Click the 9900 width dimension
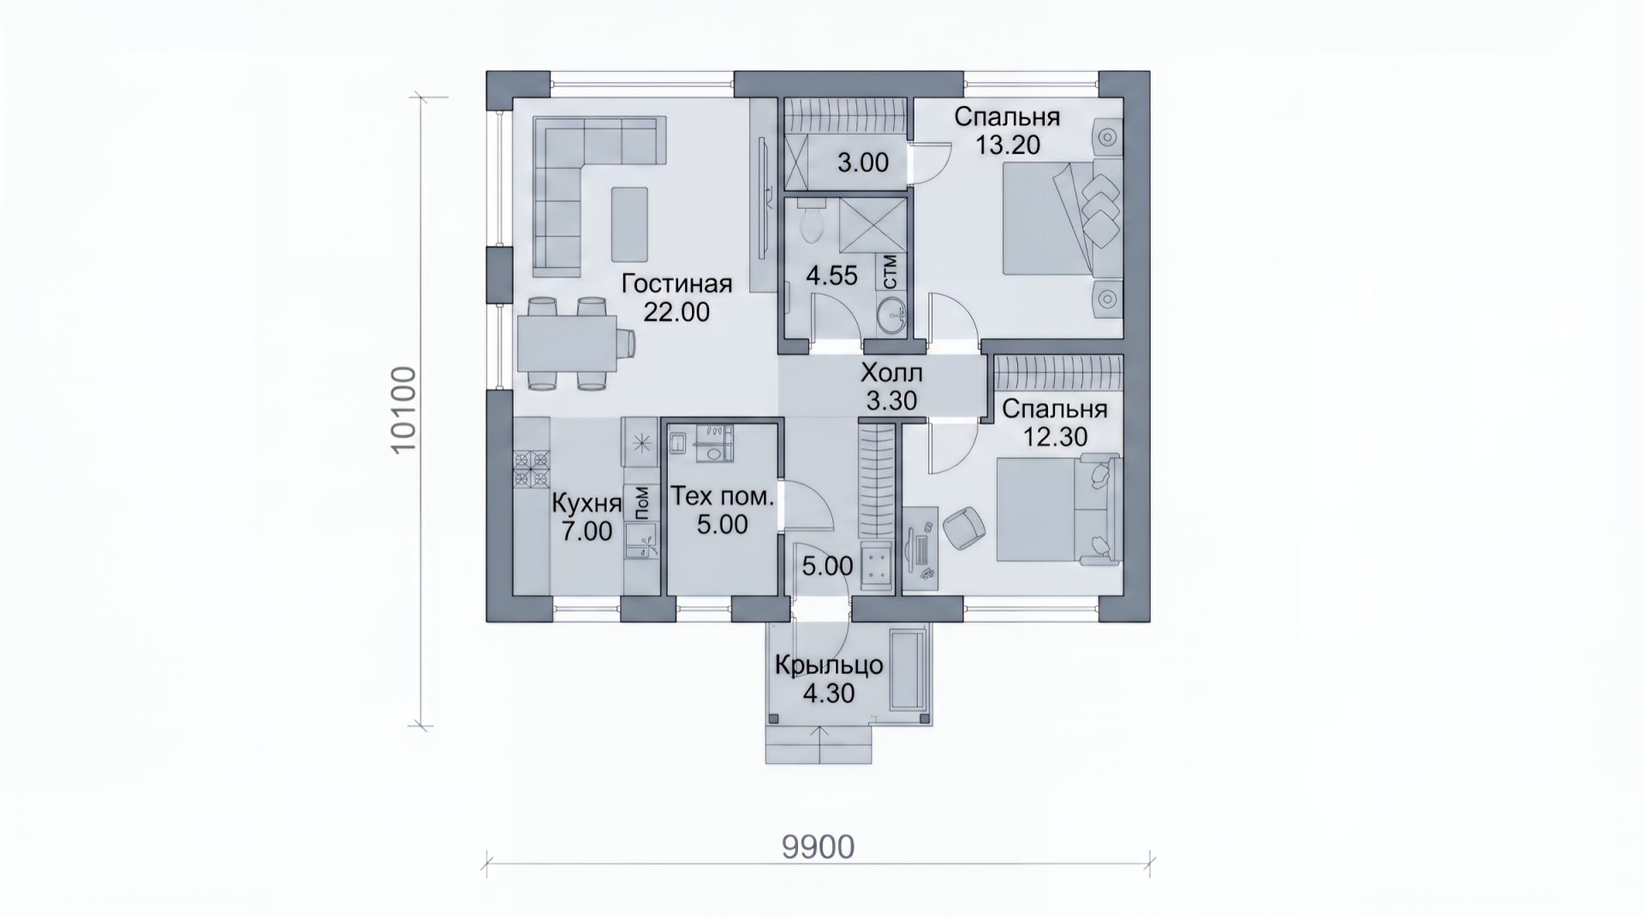pyautogui.click(x=818, y=847)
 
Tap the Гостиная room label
pyautogui.click(x=676, y=283)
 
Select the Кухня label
pyautogui.click(x=587, y=502)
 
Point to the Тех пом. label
pyautogui.click(x=722, y=497)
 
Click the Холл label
pyautogui.click(x=891, y=373)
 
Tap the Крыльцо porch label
pyautogui.click(x=828, y=665)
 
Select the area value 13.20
pyautogui.click(x=1008, y=145)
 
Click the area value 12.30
pyautogui.click(x=1056, y=437)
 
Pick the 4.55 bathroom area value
pyautogui.click(x=831, y=276)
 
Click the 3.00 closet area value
pyautogui.click(x=862, y=163)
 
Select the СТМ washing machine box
pyautogui.click(x=890, y=271)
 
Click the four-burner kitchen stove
pyautogui.click(x=531, y=470)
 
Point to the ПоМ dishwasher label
pyautogui.click(x=641, y=503)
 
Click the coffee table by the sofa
pyautogui.click(x=629, y=224)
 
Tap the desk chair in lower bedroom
pyautogui.click(x=964, y=526)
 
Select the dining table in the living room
pyautogui.click(x=567, y=343)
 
